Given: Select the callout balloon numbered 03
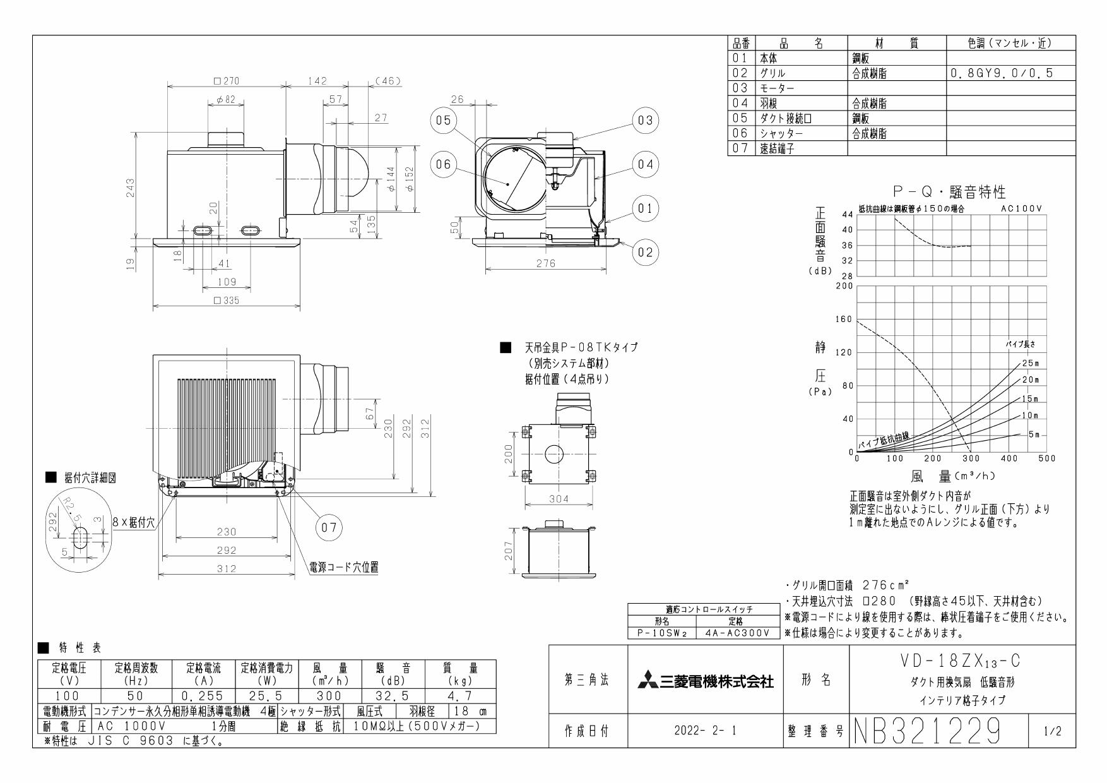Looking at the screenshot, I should tap(644, 120).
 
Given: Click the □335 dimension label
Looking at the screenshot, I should tap(227, 301).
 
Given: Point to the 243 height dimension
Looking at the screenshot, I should tap(130, 188).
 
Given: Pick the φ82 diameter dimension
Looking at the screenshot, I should tap(225, 100).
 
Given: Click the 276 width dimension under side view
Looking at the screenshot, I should tap(545, 263).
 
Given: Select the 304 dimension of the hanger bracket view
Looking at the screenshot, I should tap(559, 499).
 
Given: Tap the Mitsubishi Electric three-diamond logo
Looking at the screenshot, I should tap(646, 681).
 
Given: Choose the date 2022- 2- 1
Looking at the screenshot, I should tap(705, 731).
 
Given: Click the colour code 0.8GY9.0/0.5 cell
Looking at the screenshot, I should tap(1000, 74).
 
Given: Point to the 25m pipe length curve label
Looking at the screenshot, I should tap(1029, 363).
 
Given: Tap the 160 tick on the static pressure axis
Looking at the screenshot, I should tap(844, 319).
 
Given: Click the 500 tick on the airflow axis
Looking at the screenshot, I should tap(1046, 458).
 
